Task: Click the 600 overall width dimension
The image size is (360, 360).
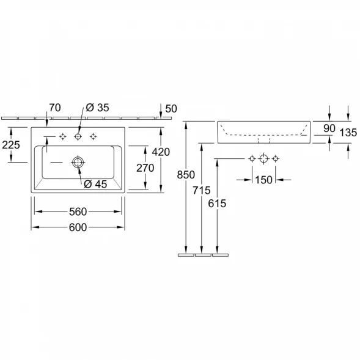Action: [x=78, y=227]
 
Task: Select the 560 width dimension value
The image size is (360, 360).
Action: [x=78, y=211]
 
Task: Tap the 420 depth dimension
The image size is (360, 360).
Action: [x=161, y=152]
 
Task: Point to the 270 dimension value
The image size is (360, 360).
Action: [x=145, y=168]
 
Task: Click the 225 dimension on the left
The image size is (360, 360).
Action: [x=11, y=145]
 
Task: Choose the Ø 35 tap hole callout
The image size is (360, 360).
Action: [x=97, y=108]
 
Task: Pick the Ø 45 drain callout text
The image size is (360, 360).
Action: [x=95, y=184]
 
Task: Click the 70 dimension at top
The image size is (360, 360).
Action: [x=55, y=108]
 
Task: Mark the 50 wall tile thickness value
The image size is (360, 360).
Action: [x=171, y=109]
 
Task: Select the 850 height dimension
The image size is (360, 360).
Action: [x=186, y=175]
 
